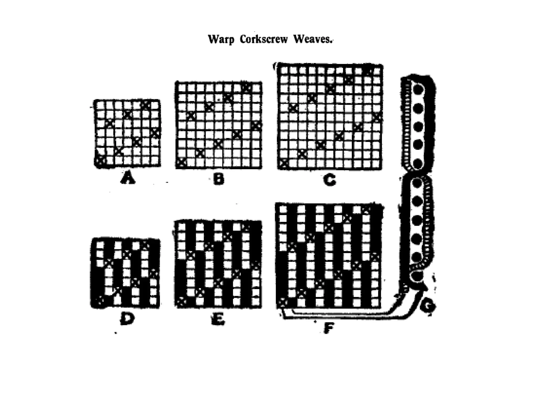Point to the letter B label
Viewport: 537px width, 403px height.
click(219, 180)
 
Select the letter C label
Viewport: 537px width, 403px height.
click(329, 180)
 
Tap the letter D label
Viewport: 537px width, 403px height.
click(127, 319)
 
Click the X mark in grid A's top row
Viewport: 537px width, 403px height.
click(146, 105)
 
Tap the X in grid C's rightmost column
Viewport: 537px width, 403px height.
click(377, 117)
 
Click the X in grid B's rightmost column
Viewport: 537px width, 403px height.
click(256, 126)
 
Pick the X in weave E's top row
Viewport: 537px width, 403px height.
click(246, 227)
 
